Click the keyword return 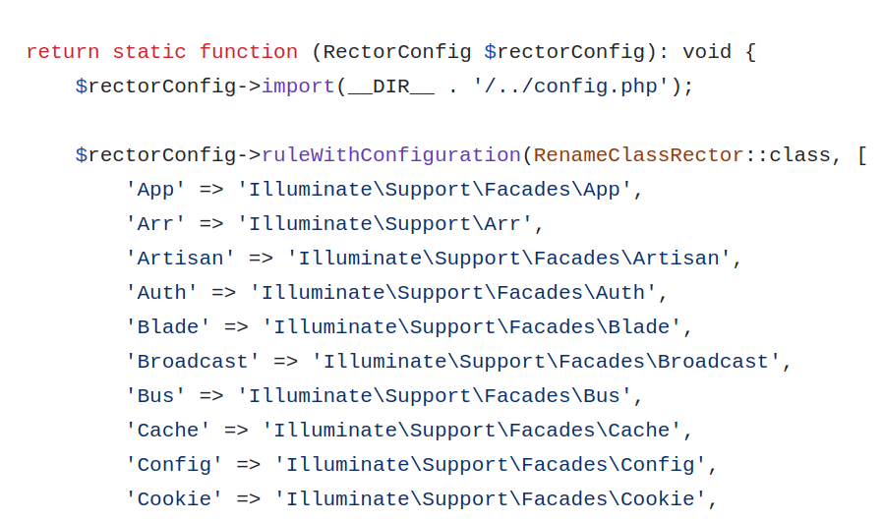(x=62, y=52)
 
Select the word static (x=149, y=52)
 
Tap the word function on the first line (x=248, y=52)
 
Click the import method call (x=297, y=87)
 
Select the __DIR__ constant (x=390, y=87)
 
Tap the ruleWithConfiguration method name (x=390, y=155)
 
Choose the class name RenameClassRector (x=638, y=155)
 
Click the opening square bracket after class (x=861, y=155)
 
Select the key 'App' (x=155, y=190)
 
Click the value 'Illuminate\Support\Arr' (x=384, y=224)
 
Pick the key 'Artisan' (x=180, y=259)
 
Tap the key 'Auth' (x=161, y=293)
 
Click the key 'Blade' (x=167, y=327)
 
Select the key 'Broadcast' (x=193, y=362)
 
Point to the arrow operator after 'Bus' (x=211, y=396)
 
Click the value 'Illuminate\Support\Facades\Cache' (x=471, y=431)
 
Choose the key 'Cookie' (x=174, y=499)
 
